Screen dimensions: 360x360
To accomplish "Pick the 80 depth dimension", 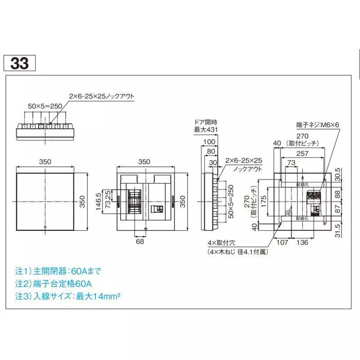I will click(x=210, y=152).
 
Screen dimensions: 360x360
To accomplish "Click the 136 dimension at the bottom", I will click(x=302, y=243).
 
